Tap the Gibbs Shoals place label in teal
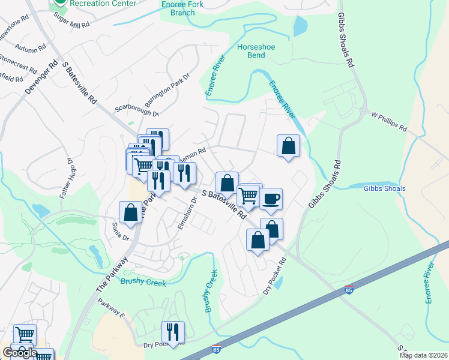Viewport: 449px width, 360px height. [384, 188]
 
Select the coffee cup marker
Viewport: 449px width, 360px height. [271, 199]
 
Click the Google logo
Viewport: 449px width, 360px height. [19, 353]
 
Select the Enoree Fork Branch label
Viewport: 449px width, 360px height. [183, 8]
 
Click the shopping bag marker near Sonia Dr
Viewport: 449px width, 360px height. [130, 212]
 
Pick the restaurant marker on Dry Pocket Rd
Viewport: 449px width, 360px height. [173, 332]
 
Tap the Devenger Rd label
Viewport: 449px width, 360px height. [40, 77]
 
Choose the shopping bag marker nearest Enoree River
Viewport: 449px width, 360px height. [288, 146]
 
